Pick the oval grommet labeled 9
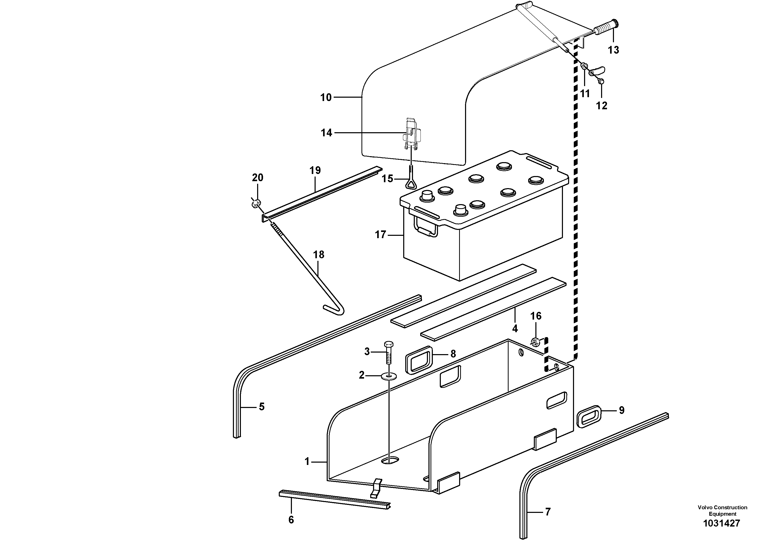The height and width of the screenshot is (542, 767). (590, 415)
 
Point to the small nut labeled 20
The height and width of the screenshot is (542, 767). (256, 203)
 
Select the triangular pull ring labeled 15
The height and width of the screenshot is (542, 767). (410, 183)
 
